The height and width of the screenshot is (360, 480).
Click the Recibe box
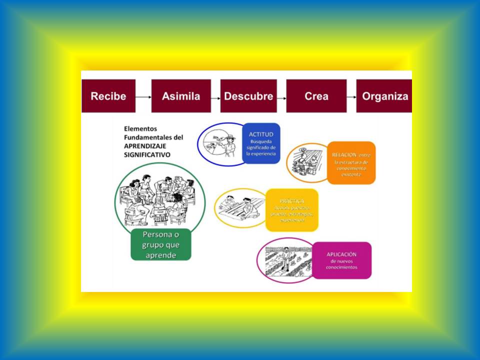pyautogui.click(x=108, y=96)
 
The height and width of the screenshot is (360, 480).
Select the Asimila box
pyautogui.click(x=181, y=96)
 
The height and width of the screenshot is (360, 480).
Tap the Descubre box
pyautogui.click(x=248, y=96)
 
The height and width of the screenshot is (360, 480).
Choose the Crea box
pyautogui.click(x=316, y=96)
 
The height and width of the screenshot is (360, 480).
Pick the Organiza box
pyautogui.click(x=384, y=96)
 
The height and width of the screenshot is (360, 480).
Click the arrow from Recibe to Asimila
pyautogui.click(x=143, y=96)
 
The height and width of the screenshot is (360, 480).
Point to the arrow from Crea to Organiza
pyautogui.click(x=351, y=96)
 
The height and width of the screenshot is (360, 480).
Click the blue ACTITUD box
pyautogui.click(x=261, y=143)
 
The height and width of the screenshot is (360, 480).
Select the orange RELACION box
pyautogui.click(x=350, y=162)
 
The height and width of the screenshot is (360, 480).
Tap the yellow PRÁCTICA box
pyautogui.click(x=291, y=210)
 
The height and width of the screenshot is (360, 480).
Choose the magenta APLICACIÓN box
pyautogui.click(x=341, y=260)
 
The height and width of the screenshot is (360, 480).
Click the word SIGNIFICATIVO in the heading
pyautogui.click(x=147, y=155)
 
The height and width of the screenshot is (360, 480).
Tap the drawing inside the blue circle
pyautogui.click(x=219, y=143)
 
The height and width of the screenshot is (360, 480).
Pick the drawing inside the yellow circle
pyautogui.click(x=239, y=207)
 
